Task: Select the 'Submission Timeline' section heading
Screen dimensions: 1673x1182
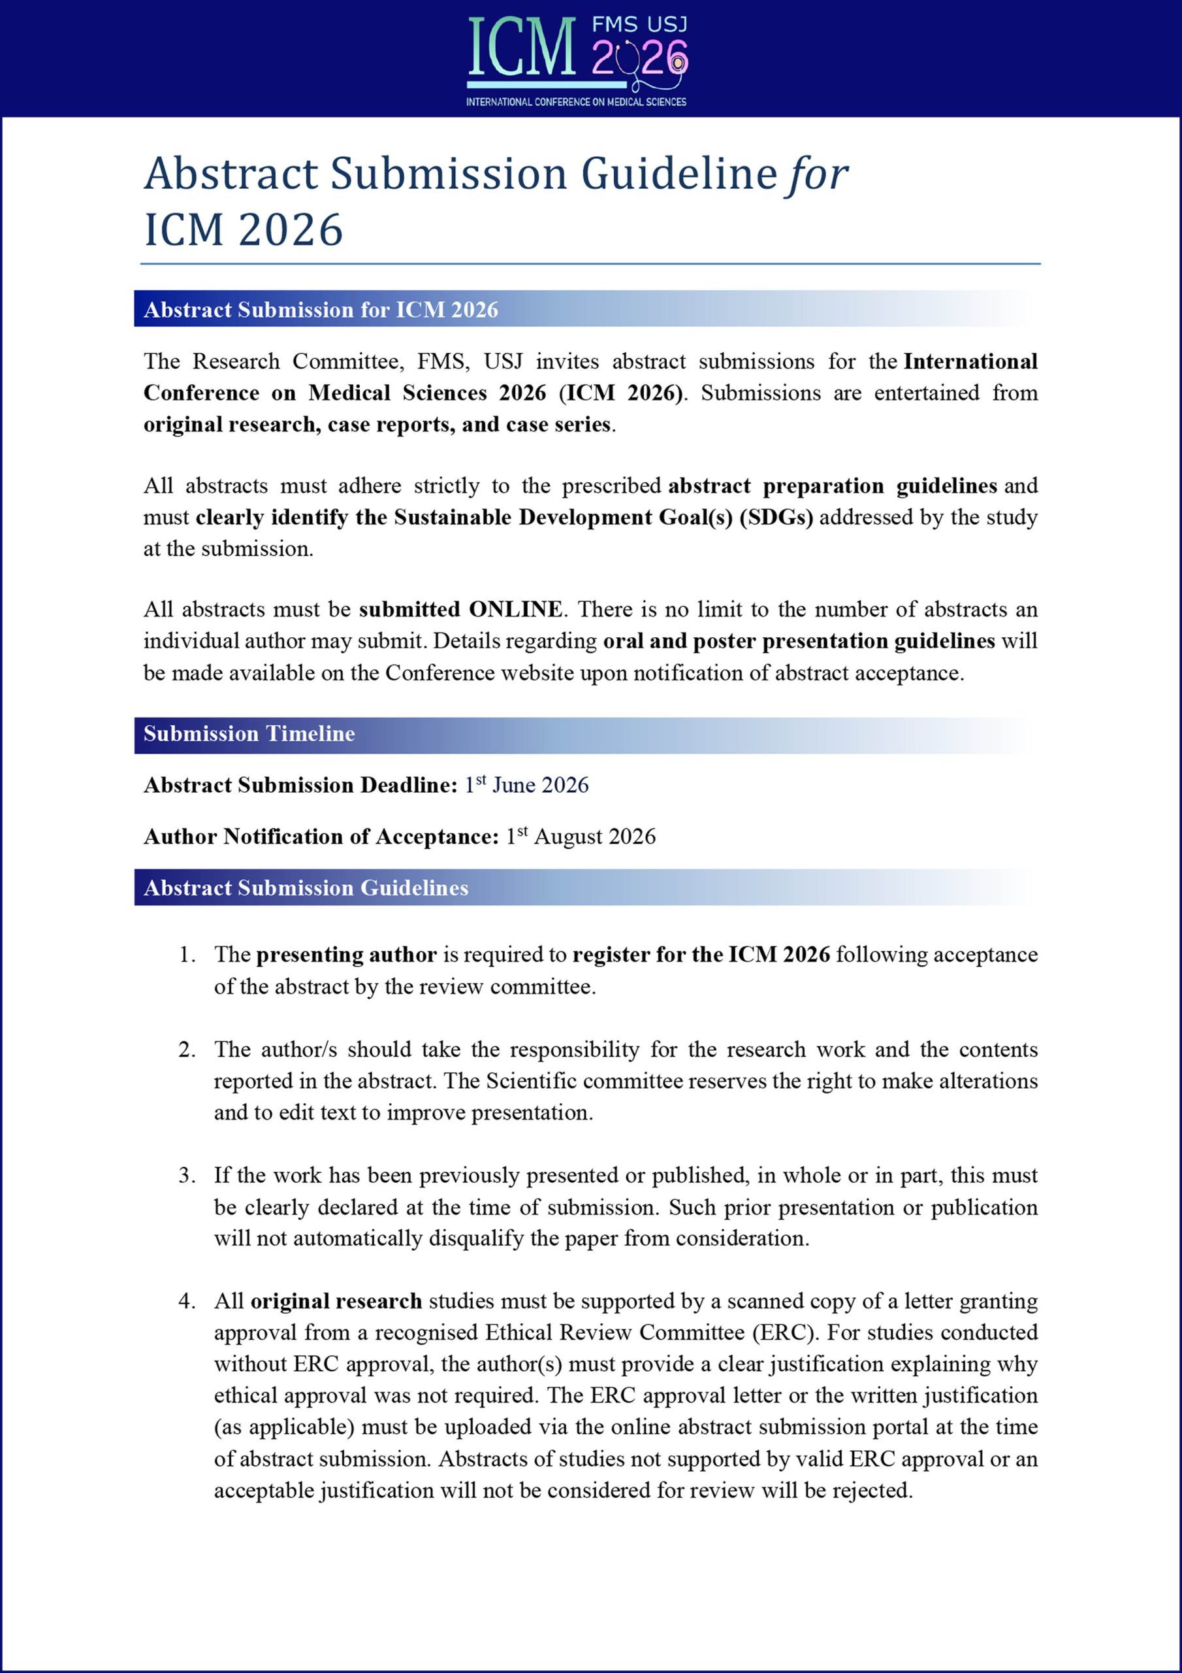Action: [249, 734]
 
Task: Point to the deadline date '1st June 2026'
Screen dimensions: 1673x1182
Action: [526, 785]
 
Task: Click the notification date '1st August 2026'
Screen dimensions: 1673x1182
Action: [581, 836]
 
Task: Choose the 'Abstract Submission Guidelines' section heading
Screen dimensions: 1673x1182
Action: [306, 887]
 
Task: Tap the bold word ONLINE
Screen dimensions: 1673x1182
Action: [516, 609]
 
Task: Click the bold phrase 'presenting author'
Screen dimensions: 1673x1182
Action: [347, 955]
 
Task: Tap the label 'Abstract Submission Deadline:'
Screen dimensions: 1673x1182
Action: [300, 785]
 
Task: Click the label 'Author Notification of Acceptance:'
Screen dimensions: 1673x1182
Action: [321, 836]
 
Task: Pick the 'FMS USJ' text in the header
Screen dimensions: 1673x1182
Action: [639, 25]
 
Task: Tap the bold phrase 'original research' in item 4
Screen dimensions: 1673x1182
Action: [336, 1301]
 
